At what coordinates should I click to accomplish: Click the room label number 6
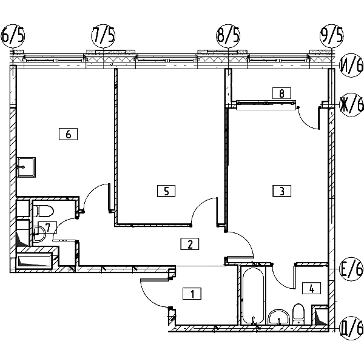pos(68,134)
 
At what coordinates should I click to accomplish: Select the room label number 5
pos(166,191)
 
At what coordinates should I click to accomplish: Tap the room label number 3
pos(282,191)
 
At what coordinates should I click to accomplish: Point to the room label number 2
pos(190,244)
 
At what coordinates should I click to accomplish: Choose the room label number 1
pos(192,294)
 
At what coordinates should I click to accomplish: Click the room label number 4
pos(312,288)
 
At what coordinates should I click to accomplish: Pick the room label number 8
pos(281,93)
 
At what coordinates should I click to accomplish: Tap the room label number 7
pos(47,227)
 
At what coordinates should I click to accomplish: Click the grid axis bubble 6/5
pos(13,36)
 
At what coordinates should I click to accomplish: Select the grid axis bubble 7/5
pos(103,36)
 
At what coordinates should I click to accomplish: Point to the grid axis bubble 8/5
pos(228,36)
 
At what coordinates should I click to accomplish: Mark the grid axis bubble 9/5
pos(331,36)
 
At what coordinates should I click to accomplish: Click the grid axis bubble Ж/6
pos(351,105)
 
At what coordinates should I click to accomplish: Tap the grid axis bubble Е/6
pos(351,269)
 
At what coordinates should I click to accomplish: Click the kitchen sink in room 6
pos(26,167)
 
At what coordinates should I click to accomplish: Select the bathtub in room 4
pos(253,296)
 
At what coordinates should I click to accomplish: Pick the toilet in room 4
pos(298,314)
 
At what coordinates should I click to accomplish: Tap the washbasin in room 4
pos(279,317)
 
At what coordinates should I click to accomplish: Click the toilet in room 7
pos(44,211)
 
